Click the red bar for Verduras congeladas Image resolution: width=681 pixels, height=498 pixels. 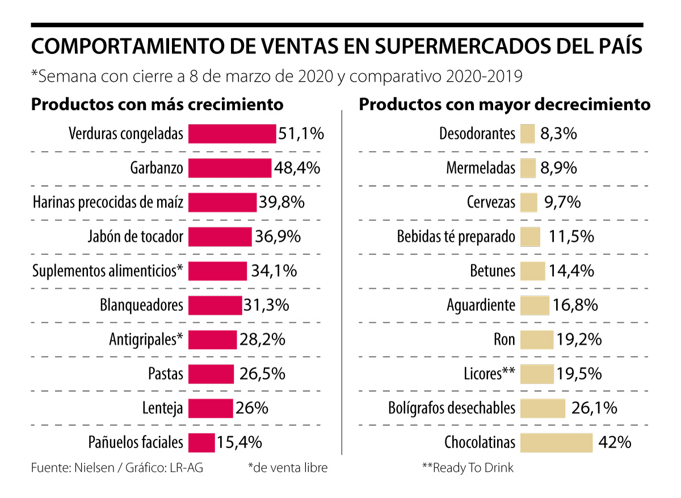(x=232, y=134)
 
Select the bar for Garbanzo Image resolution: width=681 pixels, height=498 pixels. (x=229, y=168)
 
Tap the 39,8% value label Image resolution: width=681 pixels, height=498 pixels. (x=281, y=202)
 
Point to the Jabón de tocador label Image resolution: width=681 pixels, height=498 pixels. (x=136, y=237)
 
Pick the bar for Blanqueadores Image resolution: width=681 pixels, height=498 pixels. (x=215, y=305)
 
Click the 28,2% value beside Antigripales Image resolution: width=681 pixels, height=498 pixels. (x=262, y=340)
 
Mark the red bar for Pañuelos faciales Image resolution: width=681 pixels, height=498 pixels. (x=201, y=442)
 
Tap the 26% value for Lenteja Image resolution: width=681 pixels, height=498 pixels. (x=252, y=408)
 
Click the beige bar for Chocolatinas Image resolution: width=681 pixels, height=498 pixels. (x=556, y=442)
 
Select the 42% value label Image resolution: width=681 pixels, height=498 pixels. (x=614, y=442)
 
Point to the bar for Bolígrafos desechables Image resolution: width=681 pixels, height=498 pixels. (x=543, y=408)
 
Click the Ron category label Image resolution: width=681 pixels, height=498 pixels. (x=505, y=340)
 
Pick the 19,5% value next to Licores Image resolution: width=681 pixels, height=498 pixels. (x=579, y=374)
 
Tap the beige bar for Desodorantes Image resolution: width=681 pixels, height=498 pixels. (x=527, y=134)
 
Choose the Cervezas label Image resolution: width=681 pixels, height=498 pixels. (x=491, y=202)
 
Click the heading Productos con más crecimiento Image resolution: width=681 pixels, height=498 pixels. (x=157, y=104)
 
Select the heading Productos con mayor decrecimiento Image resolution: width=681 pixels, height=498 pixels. (x=505, y=104)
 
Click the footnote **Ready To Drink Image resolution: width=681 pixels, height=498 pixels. (x=468, y=468)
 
